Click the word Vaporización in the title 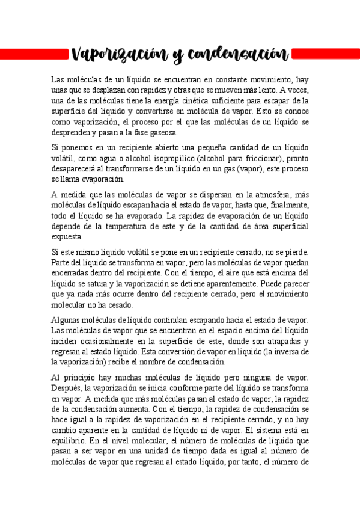coord(111,55)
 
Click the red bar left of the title coord(30,55)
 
